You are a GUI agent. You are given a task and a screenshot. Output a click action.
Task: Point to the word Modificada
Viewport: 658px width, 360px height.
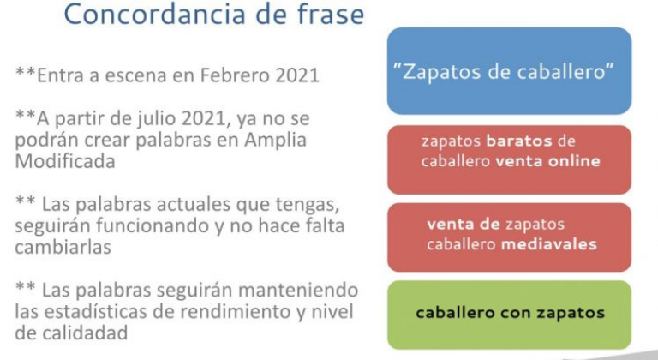(x=61, y=160)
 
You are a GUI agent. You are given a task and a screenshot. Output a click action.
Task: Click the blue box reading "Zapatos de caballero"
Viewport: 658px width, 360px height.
(x=509, y=71)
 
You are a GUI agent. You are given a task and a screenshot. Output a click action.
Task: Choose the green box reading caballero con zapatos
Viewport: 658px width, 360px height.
(x=509, y=314)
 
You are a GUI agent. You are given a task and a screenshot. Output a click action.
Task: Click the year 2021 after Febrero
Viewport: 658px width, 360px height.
(x=296, y=75)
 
